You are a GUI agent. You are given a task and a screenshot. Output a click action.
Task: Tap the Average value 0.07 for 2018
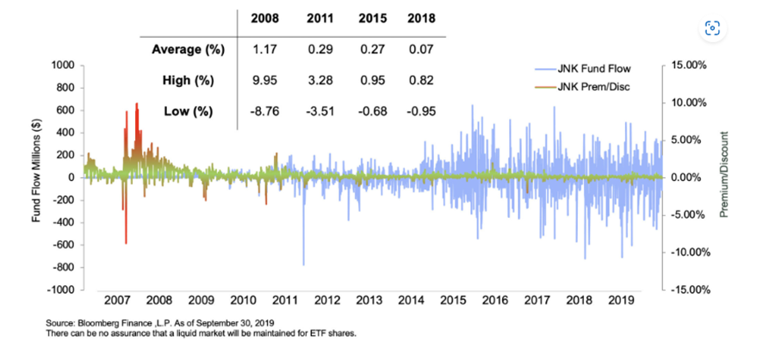[x=421, y=49]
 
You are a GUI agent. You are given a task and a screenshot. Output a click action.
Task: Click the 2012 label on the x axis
[x=326, y=301]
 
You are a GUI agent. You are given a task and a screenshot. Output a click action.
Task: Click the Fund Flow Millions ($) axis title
[x=38, y=178]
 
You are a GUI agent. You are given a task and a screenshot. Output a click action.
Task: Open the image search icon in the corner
[x=711, y=28]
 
